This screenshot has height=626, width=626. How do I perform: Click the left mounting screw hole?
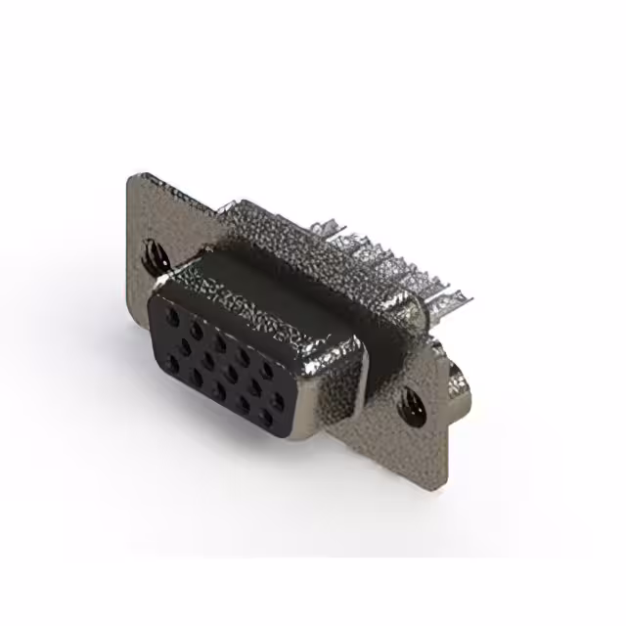point(155,255)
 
